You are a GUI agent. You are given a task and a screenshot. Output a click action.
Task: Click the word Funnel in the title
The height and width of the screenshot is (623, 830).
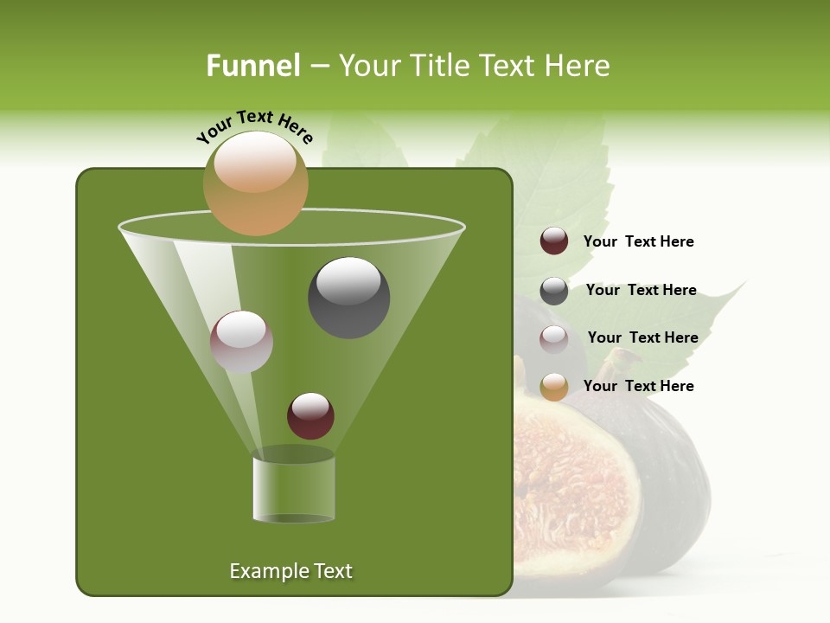[252, 66]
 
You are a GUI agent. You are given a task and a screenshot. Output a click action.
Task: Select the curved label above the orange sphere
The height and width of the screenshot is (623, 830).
[255, 126]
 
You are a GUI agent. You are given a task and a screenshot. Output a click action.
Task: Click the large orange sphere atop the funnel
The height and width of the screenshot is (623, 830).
[256, 183]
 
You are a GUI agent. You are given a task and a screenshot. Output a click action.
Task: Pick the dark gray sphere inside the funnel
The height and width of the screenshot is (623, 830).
[348, 298]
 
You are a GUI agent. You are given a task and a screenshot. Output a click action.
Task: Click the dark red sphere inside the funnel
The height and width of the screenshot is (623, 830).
[310, 415]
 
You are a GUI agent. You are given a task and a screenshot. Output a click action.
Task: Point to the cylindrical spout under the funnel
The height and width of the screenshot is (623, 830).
[293, 489]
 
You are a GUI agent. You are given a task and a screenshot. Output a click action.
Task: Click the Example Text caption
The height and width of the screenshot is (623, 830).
[290, 571]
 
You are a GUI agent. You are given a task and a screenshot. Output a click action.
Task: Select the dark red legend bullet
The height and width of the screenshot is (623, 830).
[554, 241]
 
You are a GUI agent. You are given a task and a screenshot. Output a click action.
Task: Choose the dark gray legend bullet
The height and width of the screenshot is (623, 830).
[554, 291]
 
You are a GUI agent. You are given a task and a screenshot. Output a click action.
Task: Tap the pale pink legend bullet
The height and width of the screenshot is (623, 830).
[554, 338]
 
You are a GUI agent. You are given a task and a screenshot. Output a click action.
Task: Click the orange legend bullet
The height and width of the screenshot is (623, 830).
[554, 387]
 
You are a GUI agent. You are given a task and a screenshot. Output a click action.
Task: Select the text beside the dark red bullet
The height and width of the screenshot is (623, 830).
[638, 241]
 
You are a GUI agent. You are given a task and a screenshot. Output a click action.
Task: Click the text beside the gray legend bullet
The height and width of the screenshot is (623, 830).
[641, 290]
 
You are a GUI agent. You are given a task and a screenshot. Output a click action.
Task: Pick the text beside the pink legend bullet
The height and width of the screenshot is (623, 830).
[642, 337]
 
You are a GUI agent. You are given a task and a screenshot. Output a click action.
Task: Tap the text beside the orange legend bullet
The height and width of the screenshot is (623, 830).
[638, 386]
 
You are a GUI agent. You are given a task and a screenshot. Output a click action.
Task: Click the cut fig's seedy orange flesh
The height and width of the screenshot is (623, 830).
[571, 485]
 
